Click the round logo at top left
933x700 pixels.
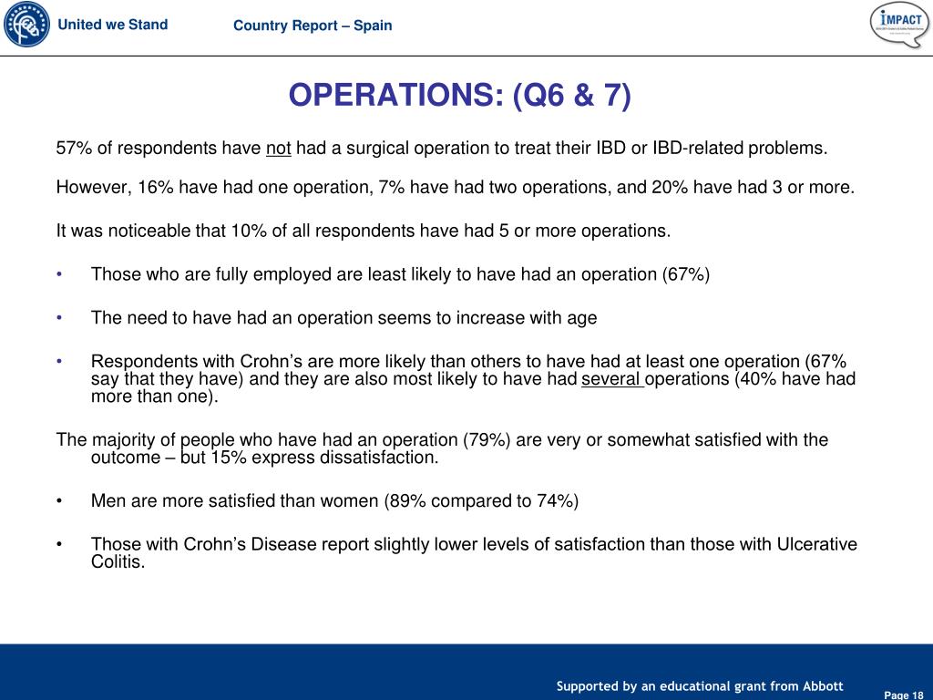coord(26,25)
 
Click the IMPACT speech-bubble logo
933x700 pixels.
coord(899,25)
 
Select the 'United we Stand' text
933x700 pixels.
coord(113,25)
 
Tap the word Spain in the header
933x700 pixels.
coord(373,26)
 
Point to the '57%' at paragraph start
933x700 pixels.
coord(73,148)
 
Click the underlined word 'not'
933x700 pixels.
coord(278,148)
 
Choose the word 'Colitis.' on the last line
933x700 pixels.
coord(118,562)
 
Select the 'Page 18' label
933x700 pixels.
coord(904,695)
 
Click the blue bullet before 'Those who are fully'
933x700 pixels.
coord(59,273)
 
